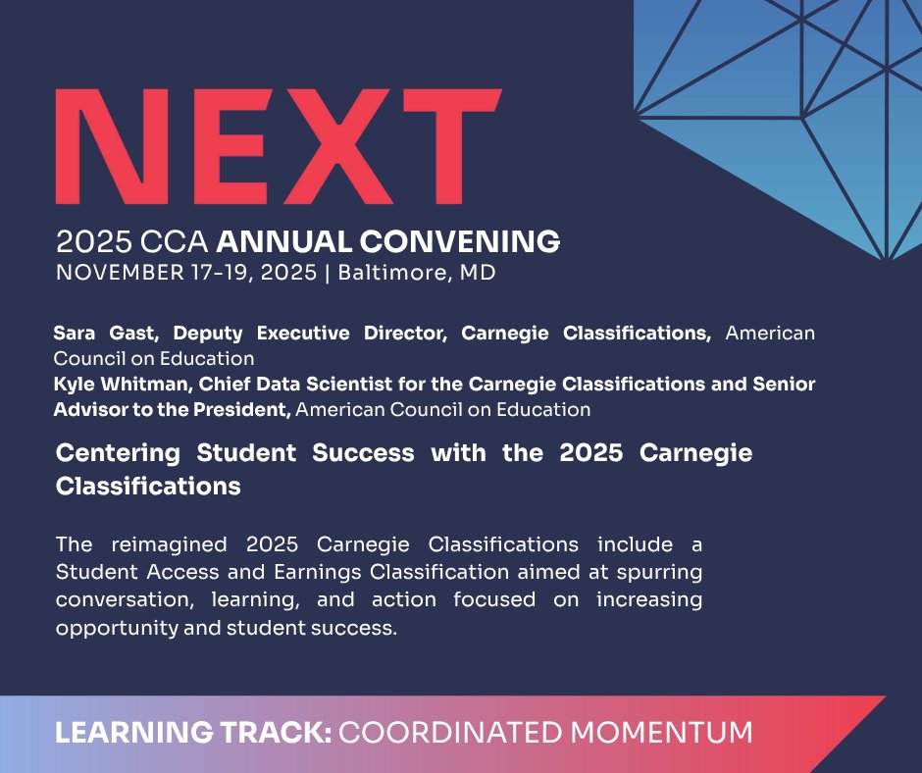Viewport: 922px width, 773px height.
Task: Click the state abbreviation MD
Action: coord(479,273)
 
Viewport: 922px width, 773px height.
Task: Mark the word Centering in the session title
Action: coord(118,455)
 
